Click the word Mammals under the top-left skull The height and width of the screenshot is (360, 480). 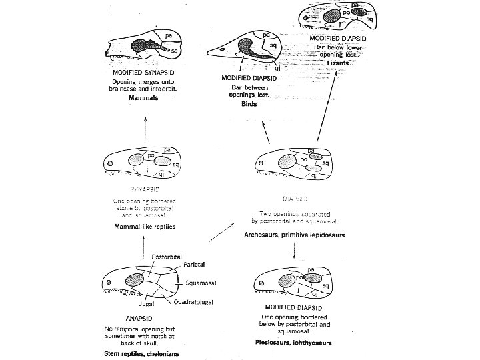[x=142, y=97]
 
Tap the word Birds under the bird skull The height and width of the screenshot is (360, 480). [x=249, y=104]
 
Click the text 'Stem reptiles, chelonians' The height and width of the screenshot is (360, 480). [x=141, y=354]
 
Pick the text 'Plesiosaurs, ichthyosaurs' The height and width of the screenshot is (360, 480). [x=293, y=343]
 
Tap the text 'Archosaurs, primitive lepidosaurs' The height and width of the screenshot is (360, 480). [x=294, y=234]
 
